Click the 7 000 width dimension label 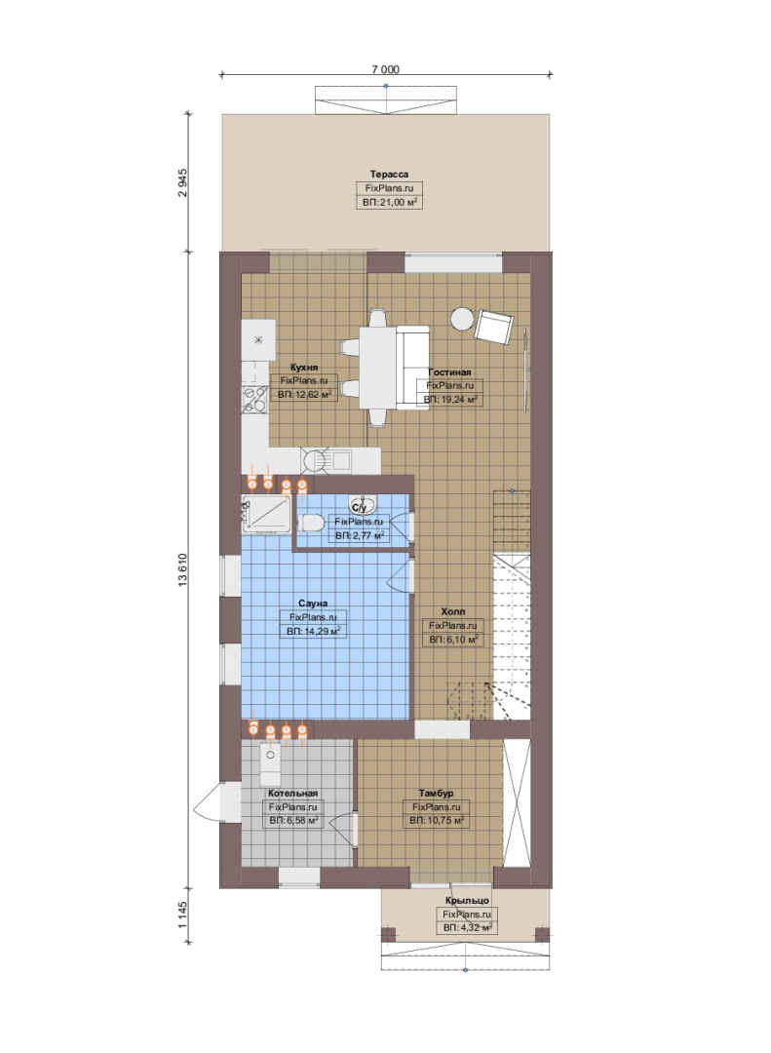(386, 69)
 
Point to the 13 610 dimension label (183, 570)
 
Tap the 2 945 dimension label (183, 182)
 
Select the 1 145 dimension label (183, 916)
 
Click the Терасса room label (389, 175)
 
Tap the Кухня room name (304, 368)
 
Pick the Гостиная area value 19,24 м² (450, 400)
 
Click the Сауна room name (313, 604)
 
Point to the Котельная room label (292, 793)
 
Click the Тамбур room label (436, 793)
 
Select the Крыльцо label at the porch (467, 901)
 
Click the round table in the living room (462, 318)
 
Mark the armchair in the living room (494, 327)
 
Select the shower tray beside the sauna (267, 515)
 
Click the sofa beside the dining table (412, 367)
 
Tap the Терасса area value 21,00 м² (390, 202)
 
